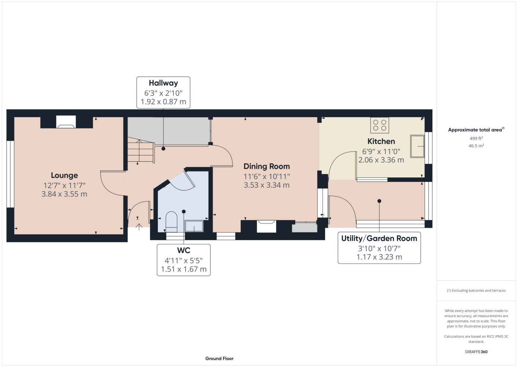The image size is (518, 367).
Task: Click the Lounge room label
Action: click(64, 175)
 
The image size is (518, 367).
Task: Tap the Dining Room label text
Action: click(267, 166)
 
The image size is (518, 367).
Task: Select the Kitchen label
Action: click(381, 141)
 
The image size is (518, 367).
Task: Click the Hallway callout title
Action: click(163, 83)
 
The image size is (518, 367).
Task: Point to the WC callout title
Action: click(184, 250)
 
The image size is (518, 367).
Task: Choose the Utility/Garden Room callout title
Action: click(379, 238)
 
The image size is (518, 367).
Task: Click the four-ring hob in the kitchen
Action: click(379, 125)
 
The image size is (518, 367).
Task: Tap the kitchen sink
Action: click(417, 146)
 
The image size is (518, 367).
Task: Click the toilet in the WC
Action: click(171, 222)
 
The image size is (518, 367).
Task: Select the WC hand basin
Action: click(194, 226)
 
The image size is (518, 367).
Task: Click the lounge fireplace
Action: click(66, 122)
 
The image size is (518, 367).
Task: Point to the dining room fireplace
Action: click(267, 226)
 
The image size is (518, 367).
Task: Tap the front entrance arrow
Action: click(139, 227)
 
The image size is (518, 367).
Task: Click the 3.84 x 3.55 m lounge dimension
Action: click(64, 194)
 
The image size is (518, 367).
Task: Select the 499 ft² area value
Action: click(476, 138)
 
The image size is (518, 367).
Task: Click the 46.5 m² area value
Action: click(476, 146)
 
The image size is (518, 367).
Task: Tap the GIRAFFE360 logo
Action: click(476, 352)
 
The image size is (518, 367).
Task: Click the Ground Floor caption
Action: click(219, 359)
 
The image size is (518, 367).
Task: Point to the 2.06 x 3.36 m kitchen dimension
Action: click(381, 160)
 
